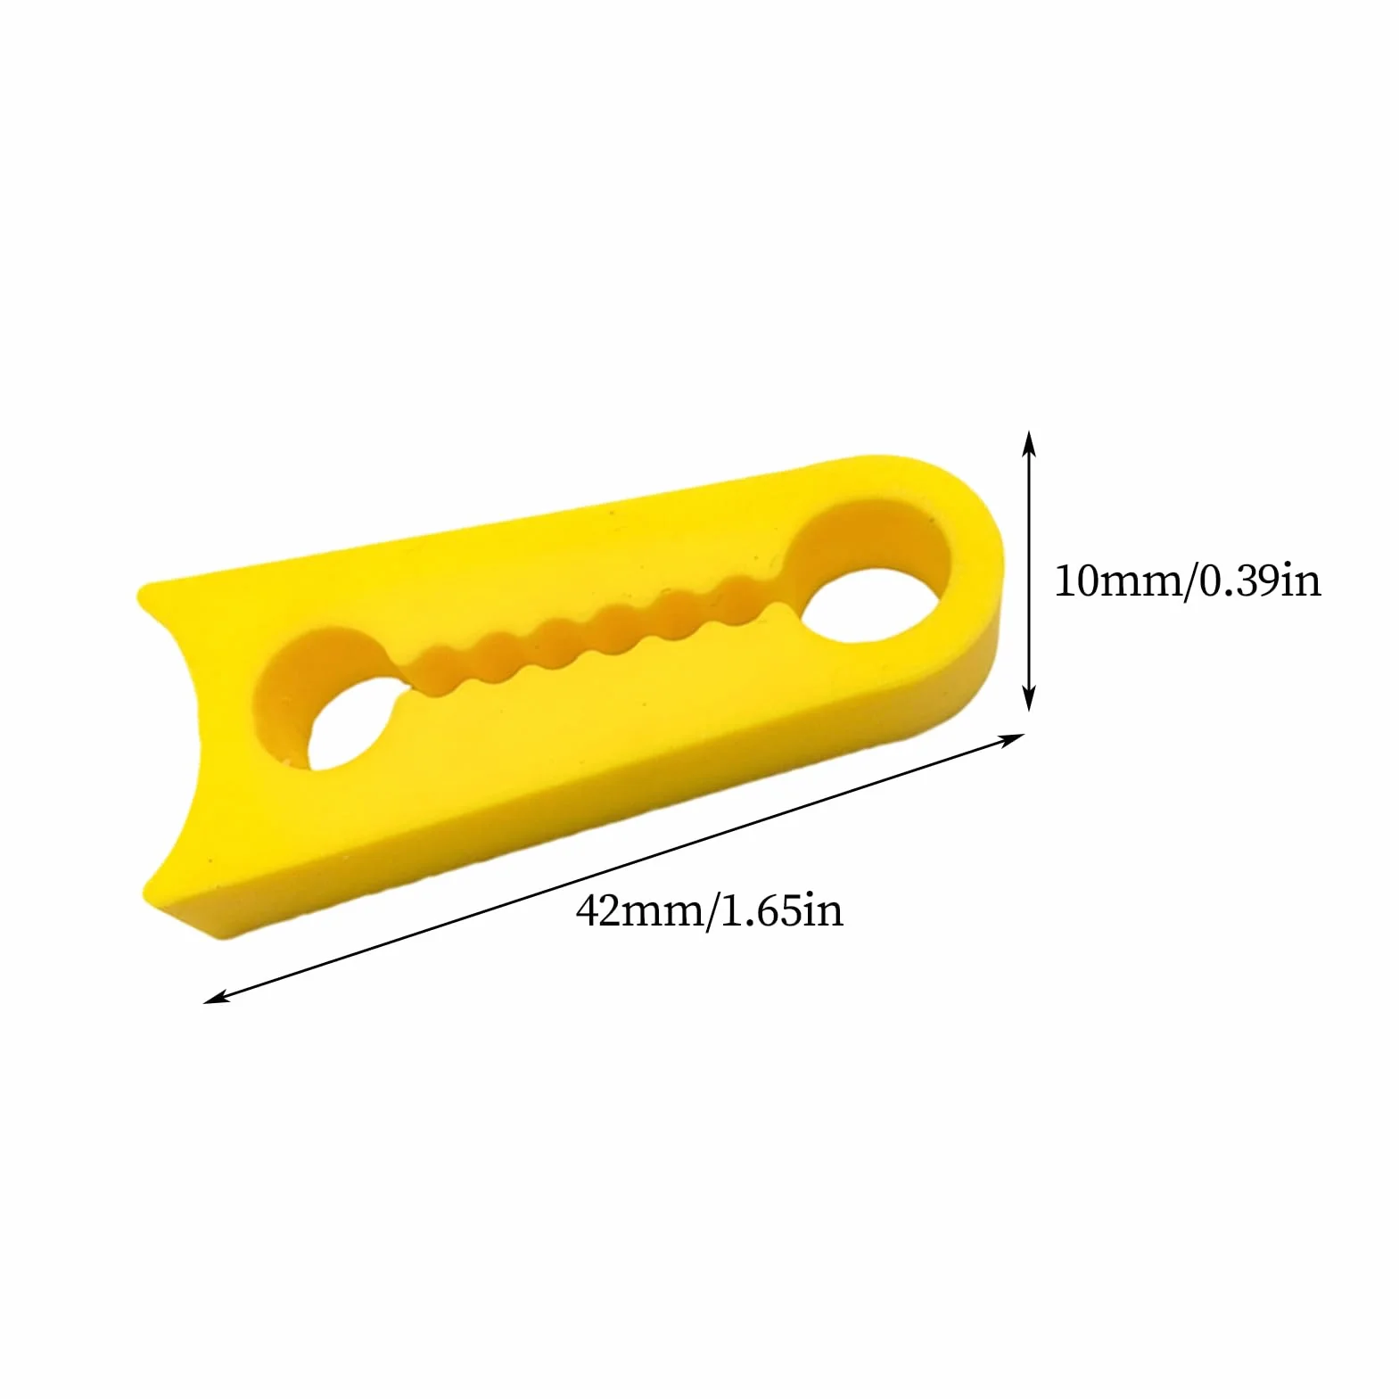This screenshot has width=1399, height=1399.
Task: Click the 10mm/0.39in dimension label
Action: pos(1188,581)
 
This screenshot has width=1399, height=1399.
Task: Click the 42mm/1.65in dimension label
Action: pos(710,910)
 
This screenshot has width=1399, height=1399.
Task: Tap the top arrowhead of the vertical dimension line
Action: pos(1028,442)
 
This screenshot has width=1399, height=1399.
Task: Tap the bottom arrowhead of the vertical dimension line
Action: pos(1028,698)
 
